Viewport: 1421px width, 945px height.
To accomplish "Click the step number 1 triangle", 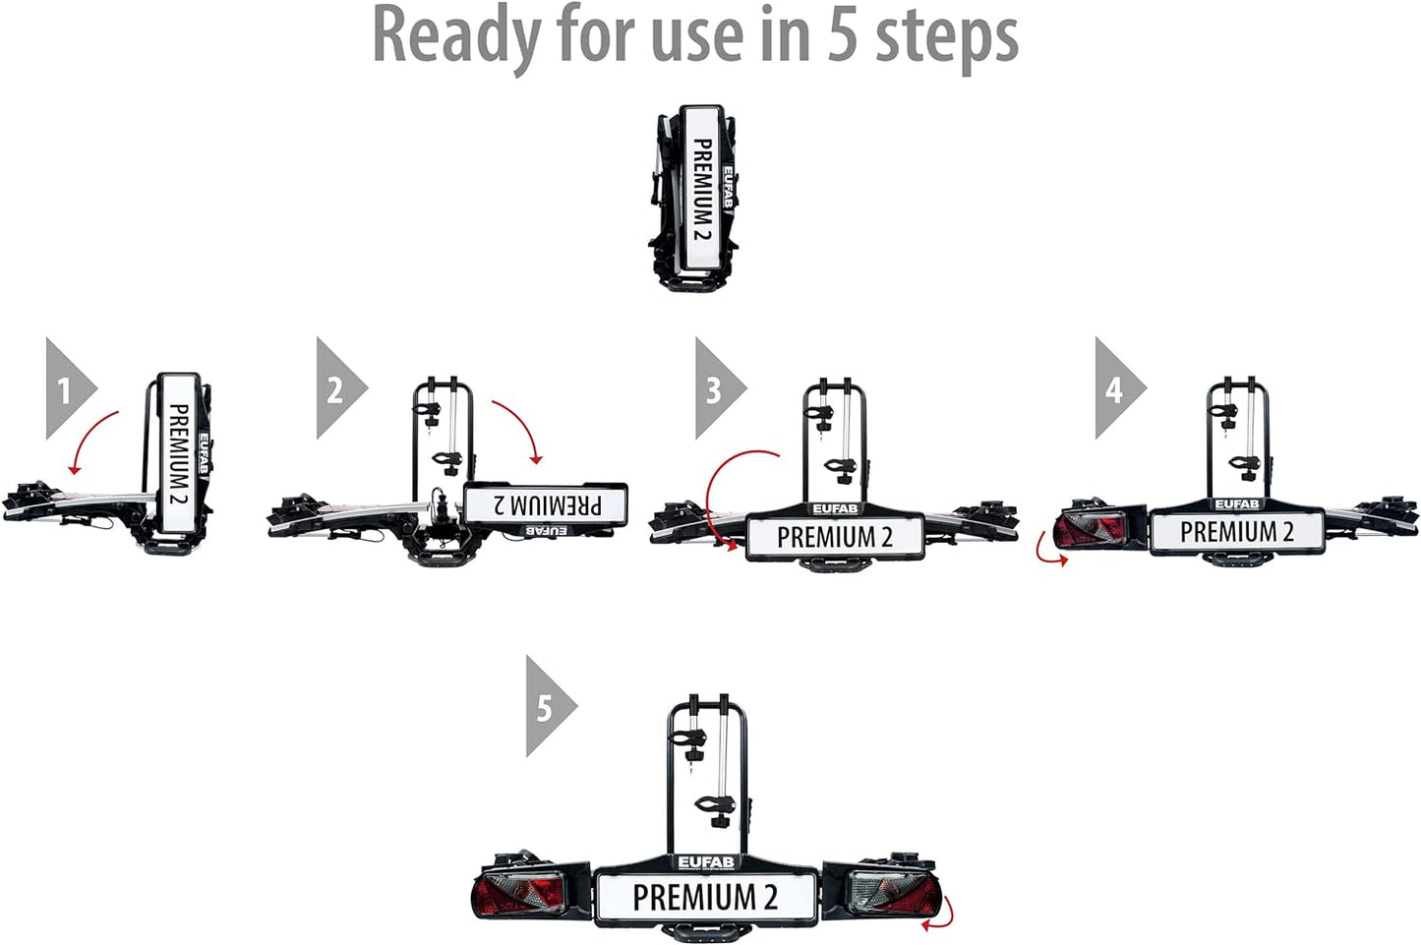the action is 67,388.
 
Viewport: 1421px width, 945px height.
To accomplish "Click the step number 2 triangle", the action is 337,388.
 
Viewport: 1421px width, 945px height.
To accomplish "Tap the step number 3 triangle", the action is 716,388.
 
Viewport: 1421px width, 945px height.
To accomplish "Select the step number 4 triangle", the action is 1115,388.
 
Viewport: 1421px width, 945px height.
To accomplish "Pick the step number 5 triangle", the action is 546,706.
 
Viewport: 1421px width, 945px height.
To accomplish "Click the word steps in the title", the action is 946,39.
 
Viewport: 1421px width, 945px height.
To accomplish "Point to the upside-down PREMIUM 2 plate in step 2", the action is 546,504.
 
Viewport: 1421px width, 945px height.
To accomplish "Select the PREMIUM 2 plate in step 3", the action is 835,537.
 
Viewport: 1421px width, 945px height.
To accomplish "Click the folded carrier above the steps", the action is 694,198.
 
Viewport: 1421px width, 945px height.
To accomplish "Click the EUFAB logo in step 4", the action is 1237,504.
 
